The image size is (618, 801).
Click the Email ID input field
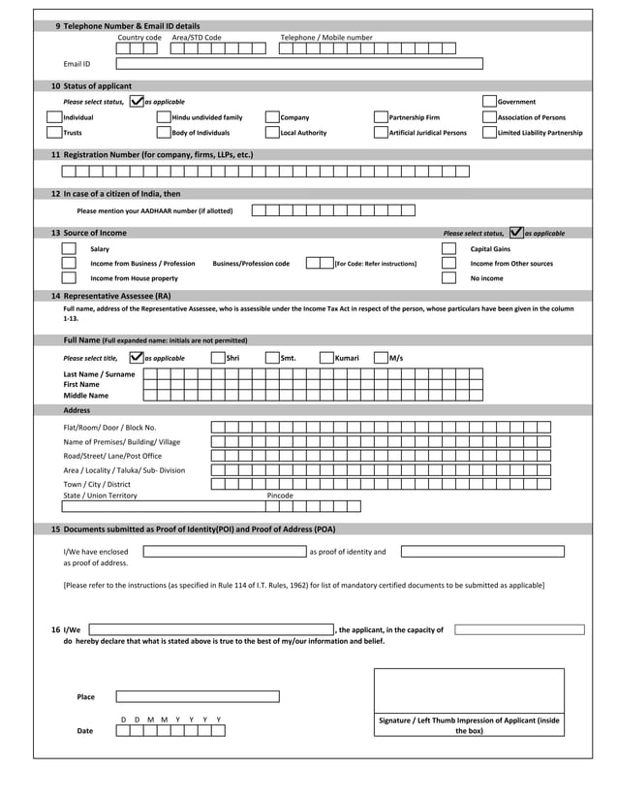pyautogui.click(x=298, y=64)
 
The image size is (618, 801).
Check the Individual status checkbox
pyautogui.click(x=55, y=117)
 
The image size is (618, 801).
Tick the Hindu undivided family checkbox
pyautogui.click(x=164, y=117)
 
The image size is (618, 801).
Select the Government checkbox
pyautogui.click(x=489, y=101)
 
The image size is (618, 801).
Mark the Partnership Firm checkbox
pyautogui.click(x=381, y=117)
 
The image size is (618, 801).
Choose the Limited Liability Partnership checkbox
pyautogui.click(x=489, y=133)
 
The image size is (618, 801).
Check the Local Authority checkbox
pyautogui.click(x=272, y=133)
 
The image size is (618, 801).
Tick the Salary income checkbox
pyautogui.click(x=69, y=249)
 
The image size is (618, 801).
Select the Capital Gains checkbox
pyautogui.click(x=448, y=249)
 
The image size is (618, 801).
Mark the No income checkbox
pyautogui.click(x=448, y=278)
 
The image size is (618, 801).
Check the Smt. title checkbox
pyautogui.click(x=272, y=358)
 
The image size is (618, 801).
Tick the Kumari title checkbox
pyautogui.click(x=326, y=358)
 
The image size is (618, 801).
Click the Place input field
pyautogui.click(x=198, y=696)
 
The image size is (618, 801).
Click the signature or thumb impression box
pyautogui.click(x=469, y=690)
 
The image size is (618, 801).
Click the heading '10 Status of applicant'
pyautogui.click(x=91, y=86)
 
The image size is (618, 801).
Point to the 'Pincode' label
pyautogui.click(x=280, y=496)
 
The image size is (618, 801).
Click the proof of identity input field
pyautogui.click(x=224, y=552)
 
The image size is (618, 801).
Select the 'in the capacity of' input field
pyautogui.click(x=519, y=629)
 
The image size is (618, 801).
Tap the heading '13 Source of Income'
pyautogui.click(x=88, y=233)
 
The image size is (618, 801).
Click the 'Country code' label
pyautogui.click(x=139, y=38)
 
